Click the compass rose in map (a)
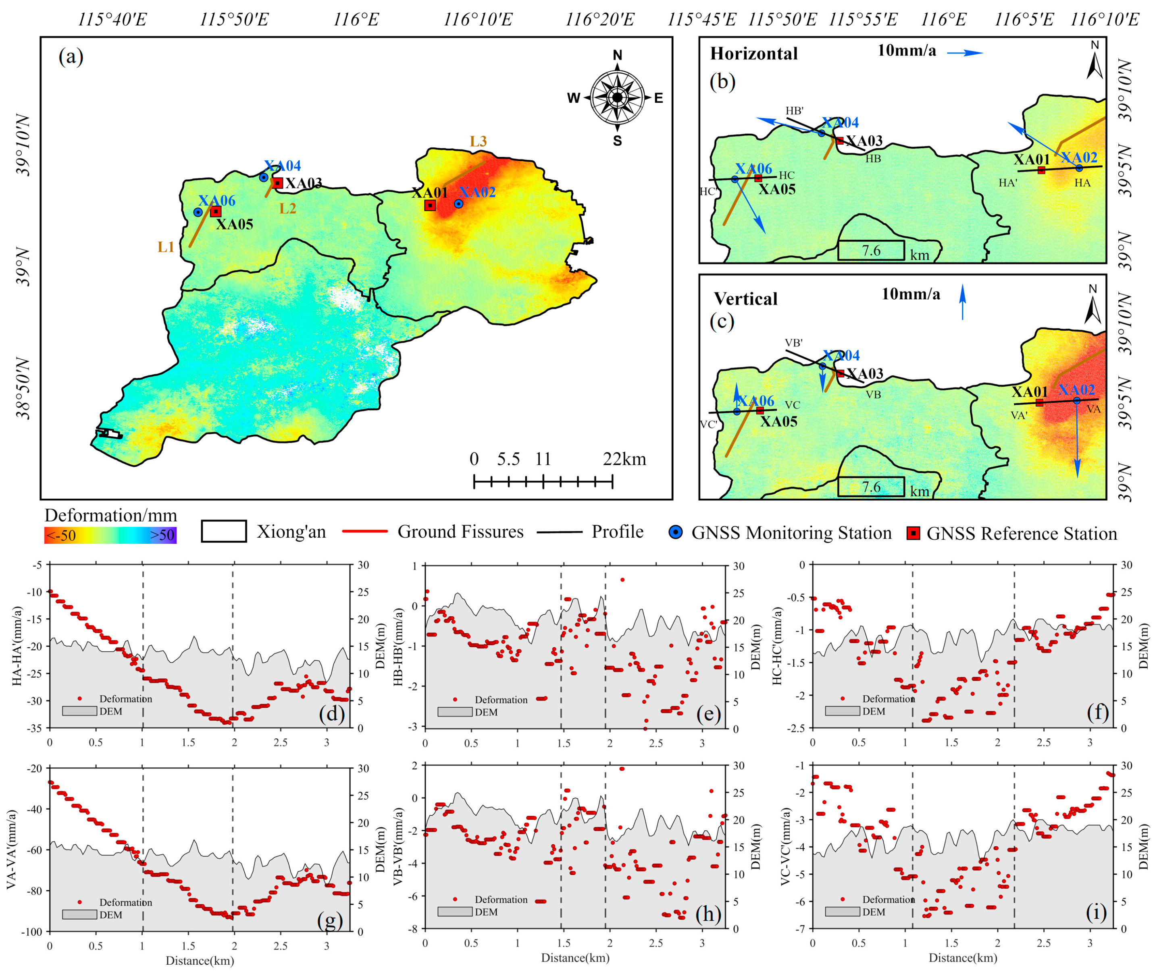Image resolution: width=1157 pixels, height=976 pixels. pos(617,98)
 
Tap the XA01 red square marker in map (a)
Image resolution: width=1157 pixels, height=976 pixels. pos(430,205)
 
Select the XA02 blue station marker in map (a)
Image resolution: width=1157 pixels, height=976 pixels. pos(458,203)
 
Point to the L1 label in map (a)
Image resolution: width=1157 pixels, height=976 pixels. pos(166,247)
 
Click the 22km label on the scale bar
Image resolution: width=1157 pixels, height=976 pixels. pos(624,459)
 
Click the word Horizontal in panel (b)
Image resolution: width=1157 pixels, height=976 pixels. pos(753,54)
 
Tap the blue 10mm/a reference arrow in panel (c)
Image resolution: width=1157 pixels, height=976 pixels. pos(963,302)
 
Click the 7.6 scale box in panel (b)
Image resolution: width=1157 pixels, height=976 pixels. pos(871,250)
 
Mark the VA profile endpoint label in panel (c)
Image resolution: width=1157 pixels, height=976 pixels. pos(1093,409)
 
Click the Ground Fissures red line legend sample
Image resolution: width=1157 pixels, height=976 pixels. pos(365,532)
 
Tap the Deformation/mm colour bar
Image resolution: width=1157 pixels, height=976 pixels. pos(110,535)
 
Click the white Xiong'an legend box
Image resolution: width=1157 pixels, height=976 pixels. pos(224,531)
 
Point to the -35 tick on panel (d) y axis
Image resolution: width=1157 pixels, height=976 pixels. pos(36,728)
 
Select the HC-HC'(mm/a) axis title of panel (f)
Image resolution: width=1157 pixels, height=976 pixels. pos(778,646)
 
